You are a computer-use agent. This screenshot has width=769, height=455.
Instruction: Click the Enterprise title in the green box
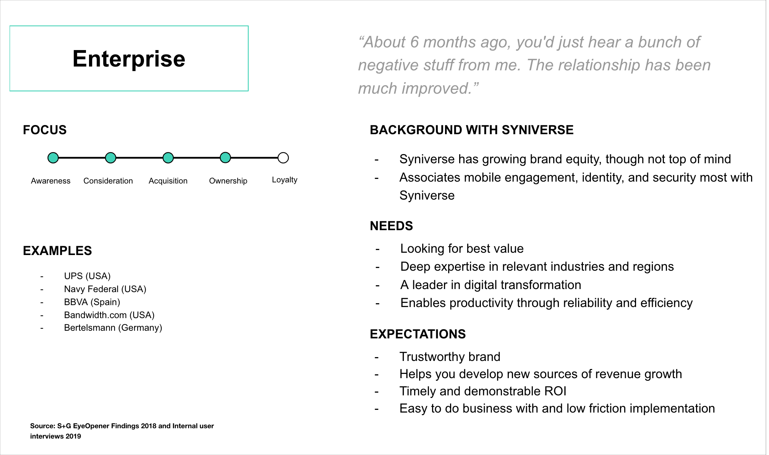[129, 59]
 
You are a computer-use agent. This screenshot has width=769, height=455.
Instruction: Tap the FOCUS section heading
[45, 130]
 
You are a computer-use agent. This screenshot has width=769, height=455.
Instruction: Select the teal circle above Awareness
[53, 158]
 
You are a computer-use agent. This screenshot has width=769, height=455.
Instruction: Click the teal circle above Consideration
[110, 158]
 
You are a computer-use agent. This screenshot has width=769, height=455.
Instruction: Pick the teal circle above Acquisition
[168, 158]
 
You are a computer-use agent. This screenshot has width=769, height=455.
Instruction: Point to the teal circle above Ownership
[225, 158]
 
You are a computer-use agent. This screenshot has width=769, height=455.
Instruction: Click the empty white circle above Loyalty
[283, 158]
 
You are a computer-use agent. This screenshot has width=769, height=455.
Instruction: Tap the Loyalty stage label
[285, 180]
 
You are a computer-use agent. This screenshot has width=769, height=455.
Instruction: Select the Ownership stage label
[228, 181]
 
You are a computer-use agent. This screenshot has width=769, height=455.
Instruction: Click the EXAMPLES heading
[57, 251]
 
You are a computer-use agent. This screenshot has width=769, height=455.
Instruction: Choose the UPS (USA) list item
[87, 276]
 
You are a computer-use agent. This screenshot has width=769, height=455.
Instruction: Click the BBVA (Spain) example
[92, 302]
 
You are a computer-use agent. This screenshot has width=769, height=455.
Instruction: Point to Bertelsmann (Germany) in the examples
[113, 328]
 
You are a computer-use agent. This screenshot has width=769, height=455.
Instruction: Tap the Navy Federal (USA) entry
[105, 289]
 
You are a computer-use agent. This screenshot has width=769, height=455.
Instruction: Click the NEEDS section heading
[392, 226]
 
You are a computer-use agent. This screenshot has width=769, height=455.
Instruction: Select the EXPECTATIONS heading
[418, 334]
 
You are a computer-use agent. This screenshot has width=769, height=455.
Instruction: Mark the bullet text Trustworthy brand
[450, 357]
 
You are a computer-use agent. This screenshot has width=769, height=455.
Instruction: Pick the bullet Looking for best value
[462, 249]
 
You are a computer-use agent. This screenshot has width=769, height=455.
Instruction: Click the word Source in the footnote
[42, 426]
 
